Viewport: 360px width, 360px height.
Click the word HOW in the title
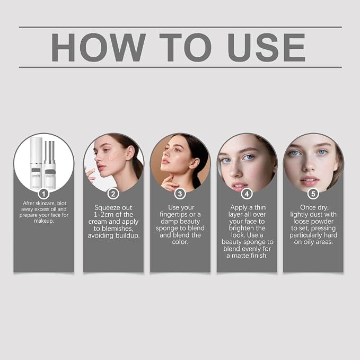[x=98, y=48]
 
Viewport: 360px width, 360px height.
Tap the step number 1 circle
[x=43, y=194]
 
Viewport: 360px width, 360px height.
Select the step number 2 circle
[x=113, y=194]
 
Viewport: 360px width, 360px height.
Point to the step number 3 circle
[x=180, y=194]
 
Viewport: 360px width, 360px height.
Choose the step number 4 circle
[x=247, y=194]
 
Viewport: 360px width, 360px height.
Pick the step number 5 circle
[x=313, y=194]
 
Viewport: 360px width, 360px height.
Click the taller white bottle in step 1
[x=36, y=163]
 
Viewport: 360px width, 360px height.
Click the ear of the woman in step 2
[x=130, y=153]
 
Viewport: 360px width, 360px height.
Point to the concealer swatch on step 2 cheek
[x=113, y=156]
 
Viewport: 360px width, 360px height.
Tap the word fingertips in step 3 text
[x=173, y=215]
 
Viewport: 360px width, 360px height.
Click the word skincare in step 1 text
[x=45, y=204]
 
